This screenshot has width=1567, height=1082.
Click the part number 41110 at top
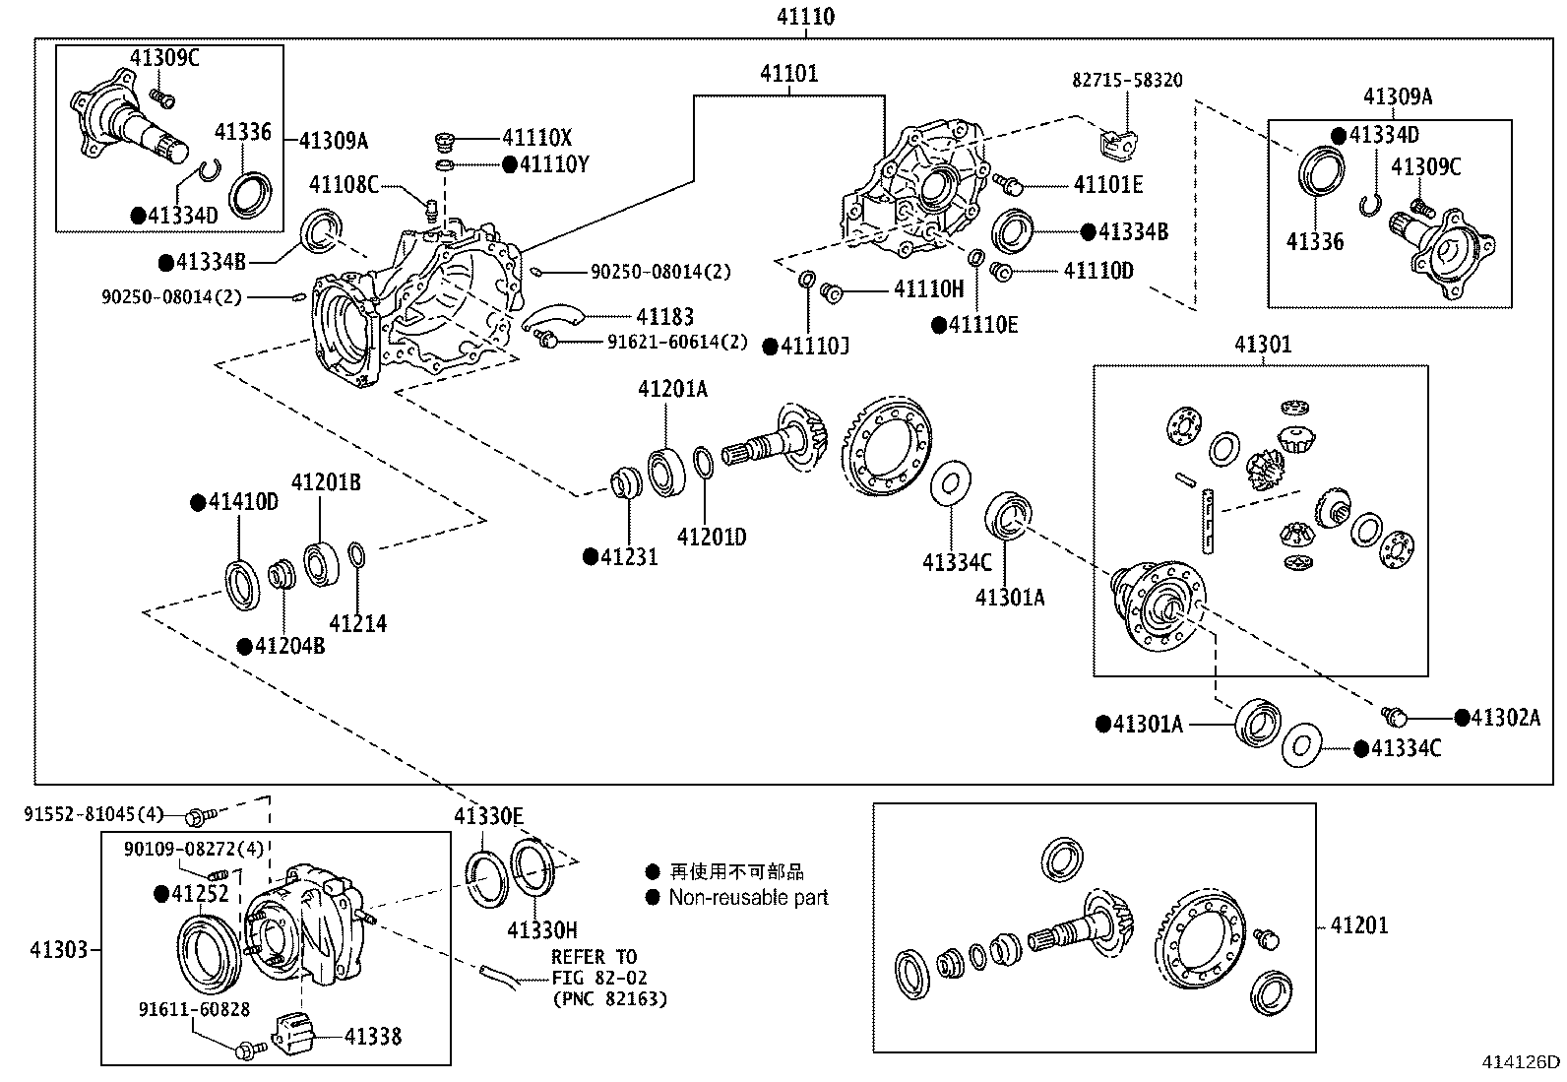pyautogui.click(x=805, y=17)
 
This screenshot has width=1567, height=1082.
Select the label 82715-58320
pyautogui.click(x=1127, y=81)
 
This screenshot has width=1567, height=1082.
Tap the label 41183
pyautogui.click(x=664, y=317)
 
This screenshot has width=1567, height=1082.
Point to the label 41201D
pyautogui.click(x=711, y=538)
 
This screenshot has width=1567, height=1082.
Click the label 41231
pyautogui.click(x=629, y=557)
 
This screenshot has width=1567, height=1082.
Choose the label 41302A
pyautogui.click(x=1505, y=718)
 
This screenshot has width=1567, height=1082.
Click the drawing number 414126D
pyautogui.click(x=1522, y=1061)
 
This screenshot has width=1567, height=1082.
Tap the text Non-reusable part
pyautogui.click(x=748, y=898)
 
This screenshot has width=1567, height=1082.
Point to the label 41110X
pyautogui.click(x=536, y=139)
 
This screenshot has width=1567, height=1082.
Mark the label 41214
pyautogui.click(x=357, y=623)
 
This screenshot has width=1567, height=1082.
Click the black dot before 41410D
pyautogui.click(x=196, y=502)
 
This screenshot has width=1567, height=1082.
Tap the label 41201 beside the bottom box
pyautogui.click(x=1359, y=924)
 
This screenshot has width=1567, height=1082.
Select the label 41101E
pyautogui.click(x=1108, y=184)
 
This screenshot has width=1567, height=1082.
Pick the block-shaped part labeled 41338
pyautogui.click(x=296, y=1035)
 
